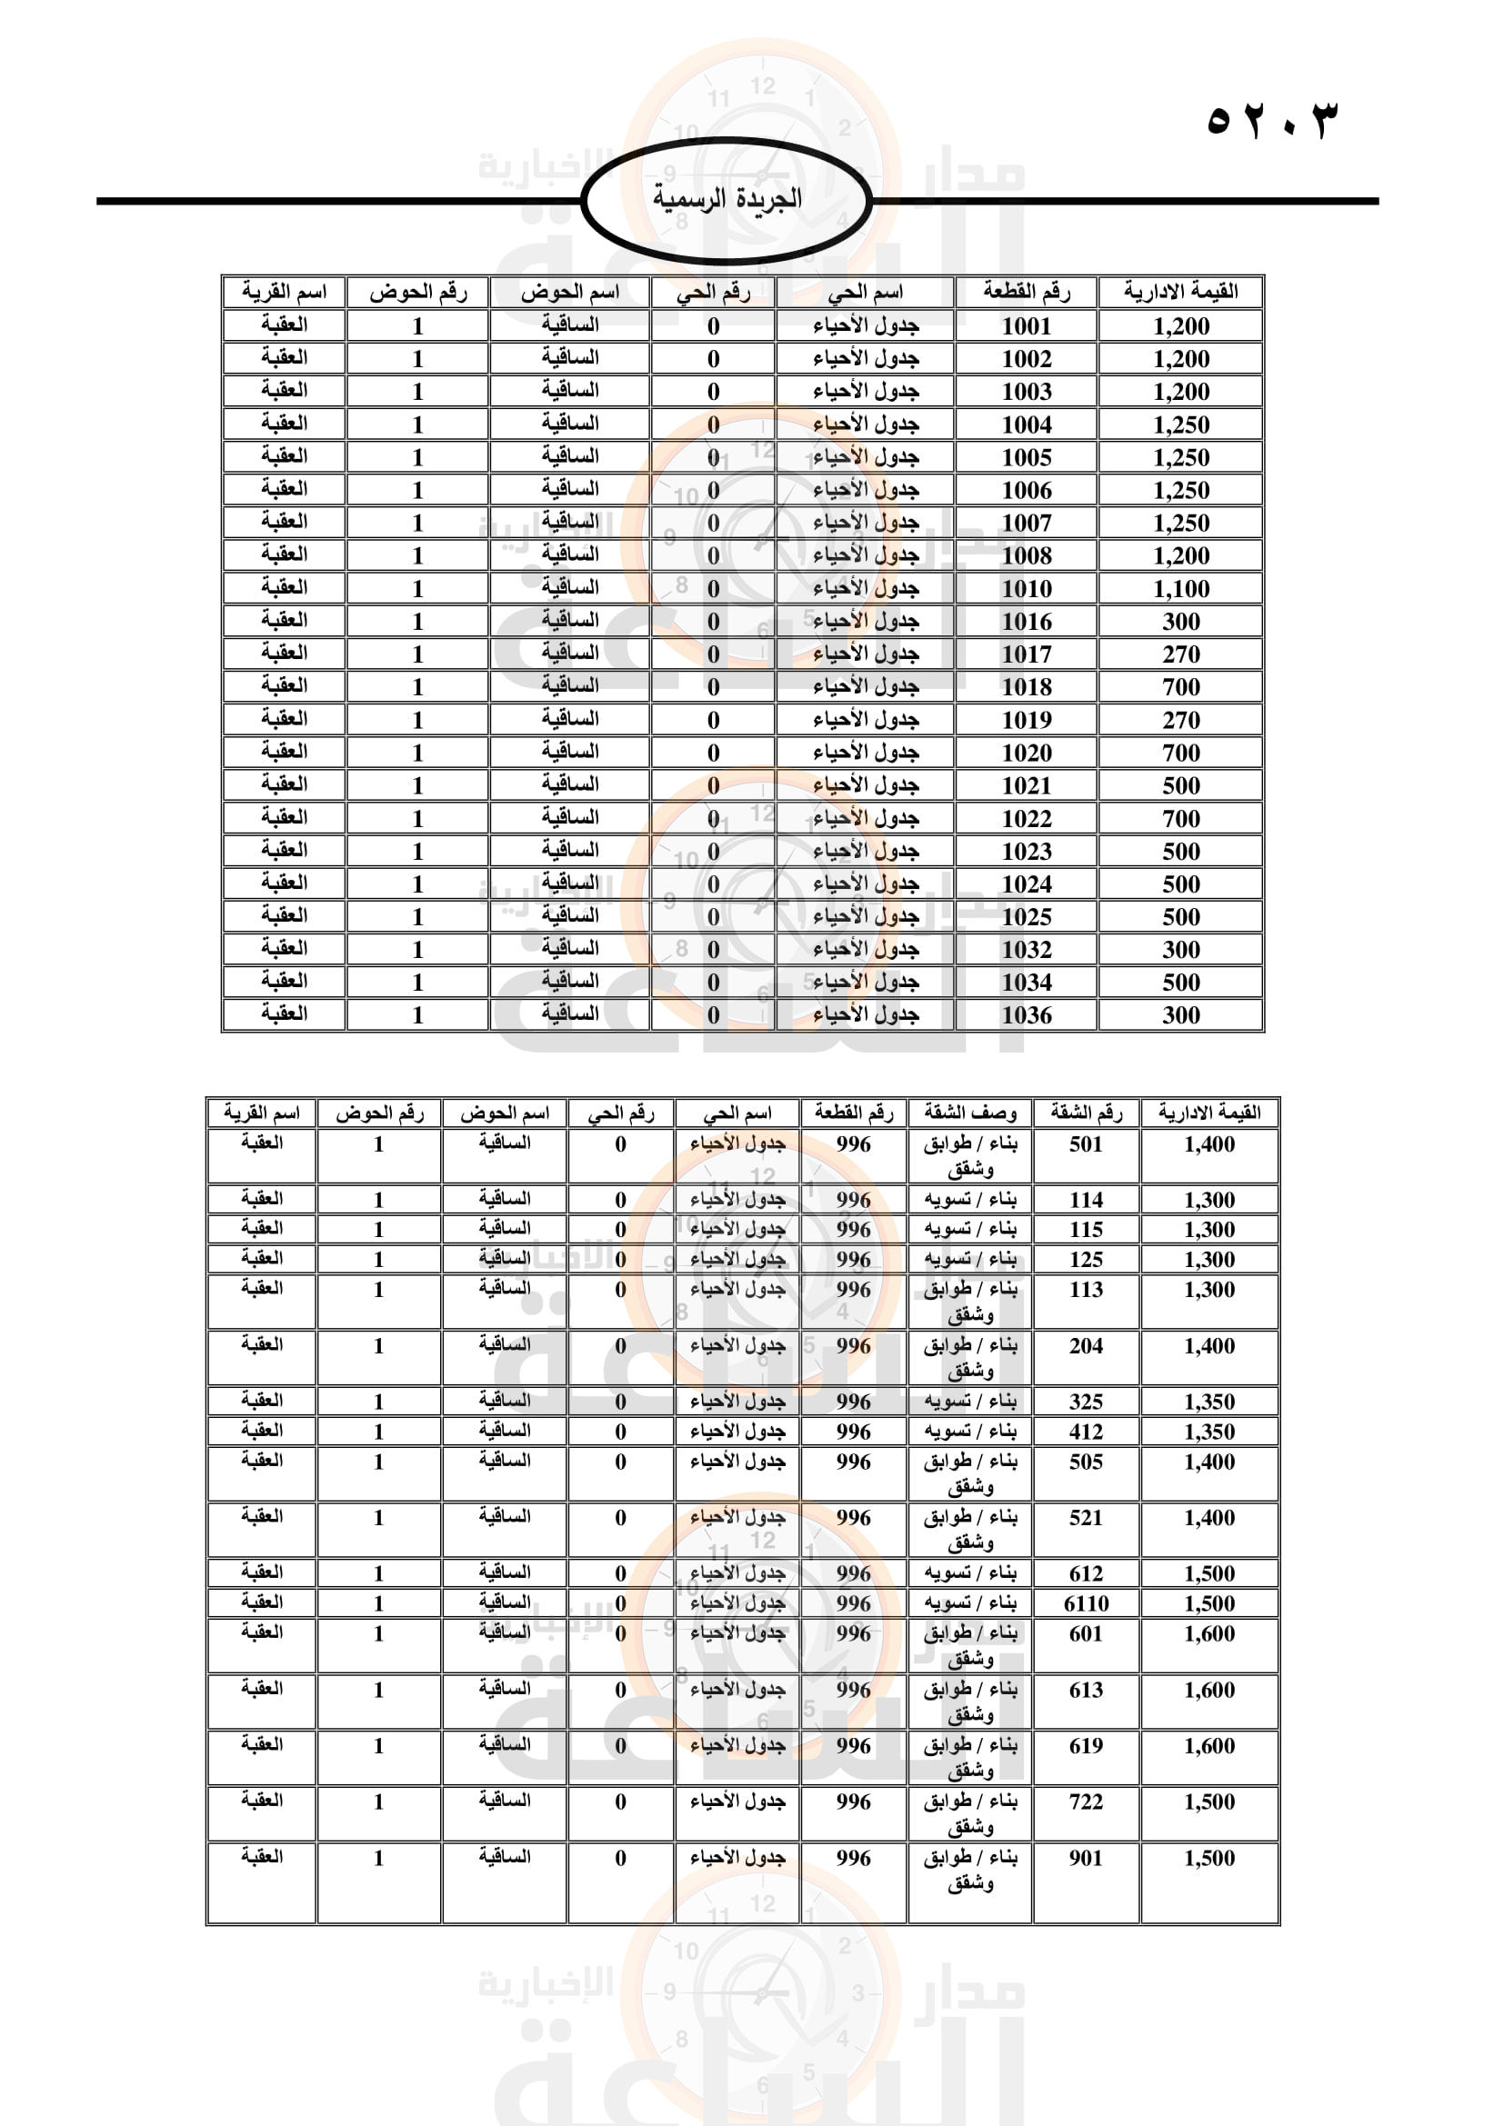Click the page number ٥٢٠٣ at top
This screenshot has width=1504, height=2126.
[x=1272, y=120]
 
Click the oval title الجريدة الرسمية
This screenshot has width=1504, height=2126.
[x=727, y=199]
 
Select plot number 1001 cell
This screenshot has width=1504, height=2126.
[x=1026, y=326]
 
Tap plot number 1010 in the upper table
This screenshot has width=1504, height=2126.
[x=1026, y=589]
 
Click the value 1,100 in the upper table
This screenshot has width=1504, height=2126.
[x=1181, y=589]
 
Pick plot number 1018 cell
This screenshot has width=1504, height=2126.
[x=1026, y=687]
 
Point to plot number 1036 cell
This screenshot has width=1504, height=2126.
[x=1026, y=1016]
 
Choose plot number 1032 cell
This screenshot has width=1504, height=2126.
[x=1026, y=950]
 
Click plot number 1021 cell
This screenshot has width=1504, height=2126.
[x=1026, y=786]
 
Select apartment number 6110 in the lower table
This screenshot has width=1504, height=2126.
[x=1086, y=1603]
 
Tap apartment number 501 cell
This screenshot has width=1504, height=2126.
[x=1086, y=1144]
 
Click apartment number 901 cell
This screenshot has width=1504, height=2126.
[x=1086, y=1859]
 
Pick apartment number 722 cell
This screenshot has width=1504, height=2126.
[x=1086, y=1802]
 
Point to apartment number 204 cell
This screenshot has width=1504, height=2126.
[x=1086, y=1346]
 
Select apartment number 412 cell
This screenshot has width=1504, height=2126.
[x=1086, y=1432]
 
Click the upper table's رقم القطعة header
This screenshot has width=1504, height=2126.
[x=1026, y=293]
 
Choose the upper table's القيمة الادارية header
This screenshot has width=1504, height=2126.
[x=1181, y=293]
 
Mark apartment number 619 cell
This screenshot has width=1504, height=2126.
[x=1086, y=1746]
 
